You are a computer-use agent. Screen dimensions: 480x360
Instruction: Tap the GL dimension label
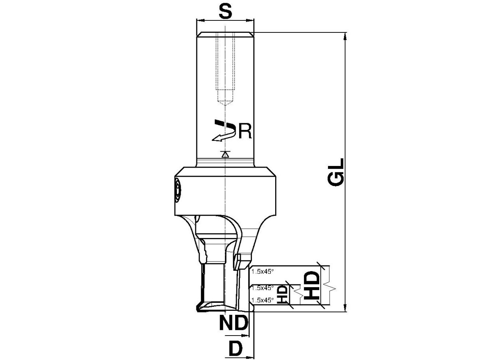tap(336, 172)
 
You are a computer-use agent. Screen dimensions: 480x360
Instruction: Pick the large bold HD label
tap(312, 286)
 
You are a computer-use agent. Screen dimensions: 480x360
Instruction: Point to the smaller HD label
tap(282, 294)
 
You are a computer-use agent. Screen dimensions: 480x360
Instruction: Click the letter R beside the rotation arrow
tap(245, 132)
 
